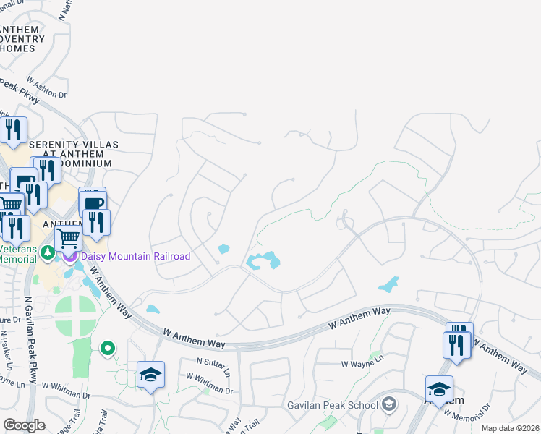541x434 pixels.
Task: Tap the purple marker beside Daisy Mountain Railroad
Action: pos(70,255)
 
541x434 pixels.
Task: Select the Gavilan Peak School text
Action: pos(343,403)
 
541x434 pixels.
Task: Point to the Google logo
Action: pos(24,425)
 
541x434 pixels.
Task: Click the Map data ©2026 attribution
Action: pos(510,428)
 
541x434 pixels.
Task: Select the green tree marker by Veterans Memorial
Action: pos(48,252)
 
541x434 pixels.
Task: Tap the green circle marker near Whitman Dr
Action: pos(108,349)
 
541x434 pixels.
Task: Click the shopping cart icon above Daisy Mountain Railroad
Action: pos(68,237)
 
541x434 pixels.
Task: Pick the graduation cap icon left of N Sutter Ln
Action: pos(150,375)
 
